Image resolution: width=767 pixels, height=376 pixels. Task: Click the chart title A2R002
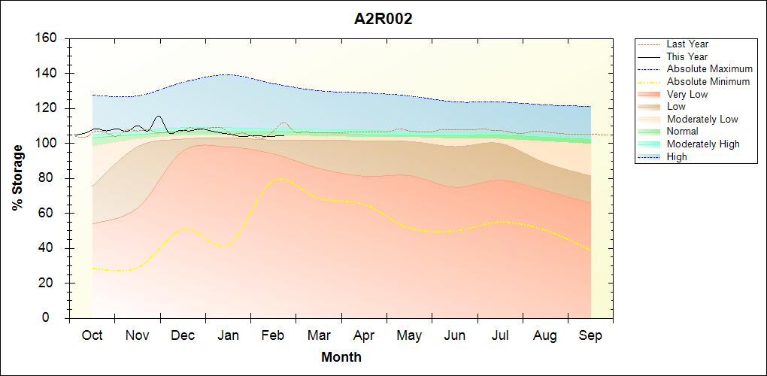[x=383, y=19]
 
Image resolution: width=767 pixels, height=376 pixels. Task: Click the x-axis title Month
[x=341, y=357]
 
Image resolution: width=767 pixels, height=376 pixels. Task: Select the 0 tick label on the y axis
[x=53, y=318]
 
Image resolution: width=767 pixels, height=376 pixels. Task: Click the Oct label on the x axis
[x=92, y=335]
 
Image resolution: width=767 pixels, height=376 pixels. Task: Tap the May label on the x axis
[x=409, y=335]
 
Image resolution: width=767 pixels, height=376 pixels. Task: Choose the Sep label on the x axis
[x=590, y=335]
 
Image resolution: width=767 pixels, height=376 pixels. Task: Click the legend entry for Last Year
[x=687, y=44]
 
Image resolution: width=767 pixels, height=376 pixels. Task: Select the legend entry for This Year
[x=687, y=56]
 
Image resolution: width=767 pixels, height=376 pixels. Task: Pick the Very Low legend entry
[x=687, y=94]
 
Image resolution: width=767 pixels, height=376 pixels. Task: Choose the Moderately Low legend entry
[x=702, y=119]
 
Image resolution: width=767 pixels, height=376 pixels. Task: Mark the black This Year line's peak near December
[x=158, y=117]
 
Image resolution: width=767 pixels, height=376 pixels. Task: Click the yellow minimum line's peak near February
[x=280, y=178]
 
